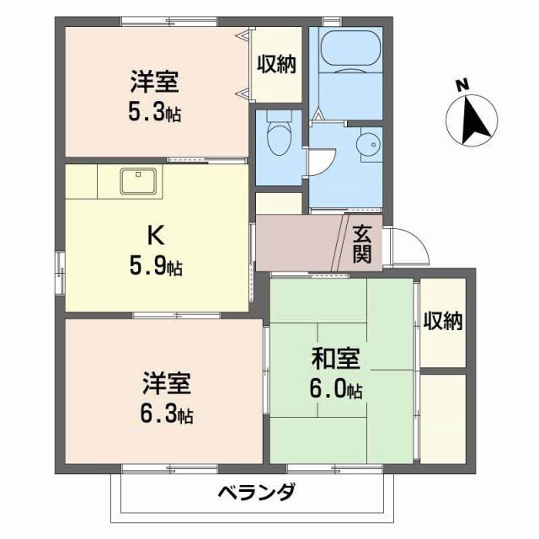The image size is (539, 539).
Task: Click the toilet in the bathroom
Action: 277,134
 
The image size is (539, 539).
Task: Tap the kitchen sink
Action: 136,179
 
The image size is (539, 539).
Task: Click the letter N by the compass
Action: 462,85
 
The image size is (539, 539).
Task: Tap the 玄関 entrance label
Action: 362,243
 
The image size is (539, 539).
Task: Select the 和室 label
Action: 336,360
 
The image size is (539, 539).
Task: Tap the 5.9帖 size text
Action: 157,269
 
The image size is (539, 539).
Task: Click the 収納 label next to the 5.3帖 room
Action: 276,65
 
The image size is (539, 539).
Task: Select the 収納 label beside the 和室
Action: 443,321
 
